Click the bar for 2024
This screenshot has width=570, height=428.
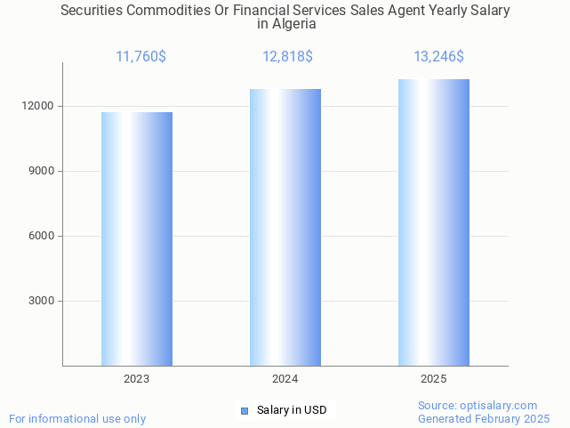tap(285, 227)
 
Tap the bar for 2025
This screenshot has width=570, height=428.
tap(434, 222)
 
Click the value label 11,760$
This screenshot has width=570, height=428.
tap(140, 57)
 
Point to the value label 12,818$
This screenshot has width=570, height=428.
tap(287, 57)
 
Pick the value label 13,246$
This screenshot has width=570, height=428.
tap(438, 57)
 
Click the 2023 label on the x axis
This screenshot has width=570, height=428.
tap(137, 379)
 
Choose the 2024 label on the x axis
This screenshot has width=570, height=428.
tap(285, 379)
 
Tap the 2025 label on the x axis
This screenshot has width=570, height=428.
tap(434, 379)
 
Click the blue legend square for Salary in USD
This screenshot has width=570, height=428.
tap(245, 410)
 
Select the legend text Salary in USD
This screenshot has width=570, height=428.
tap(292, 410)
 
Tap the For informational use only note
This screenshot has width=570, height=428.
tap(77, 418)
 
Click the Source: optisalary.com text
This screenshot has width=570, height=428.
tap(478, 405)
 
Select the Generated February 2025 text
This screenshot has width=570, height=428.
tap(484, 418)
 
